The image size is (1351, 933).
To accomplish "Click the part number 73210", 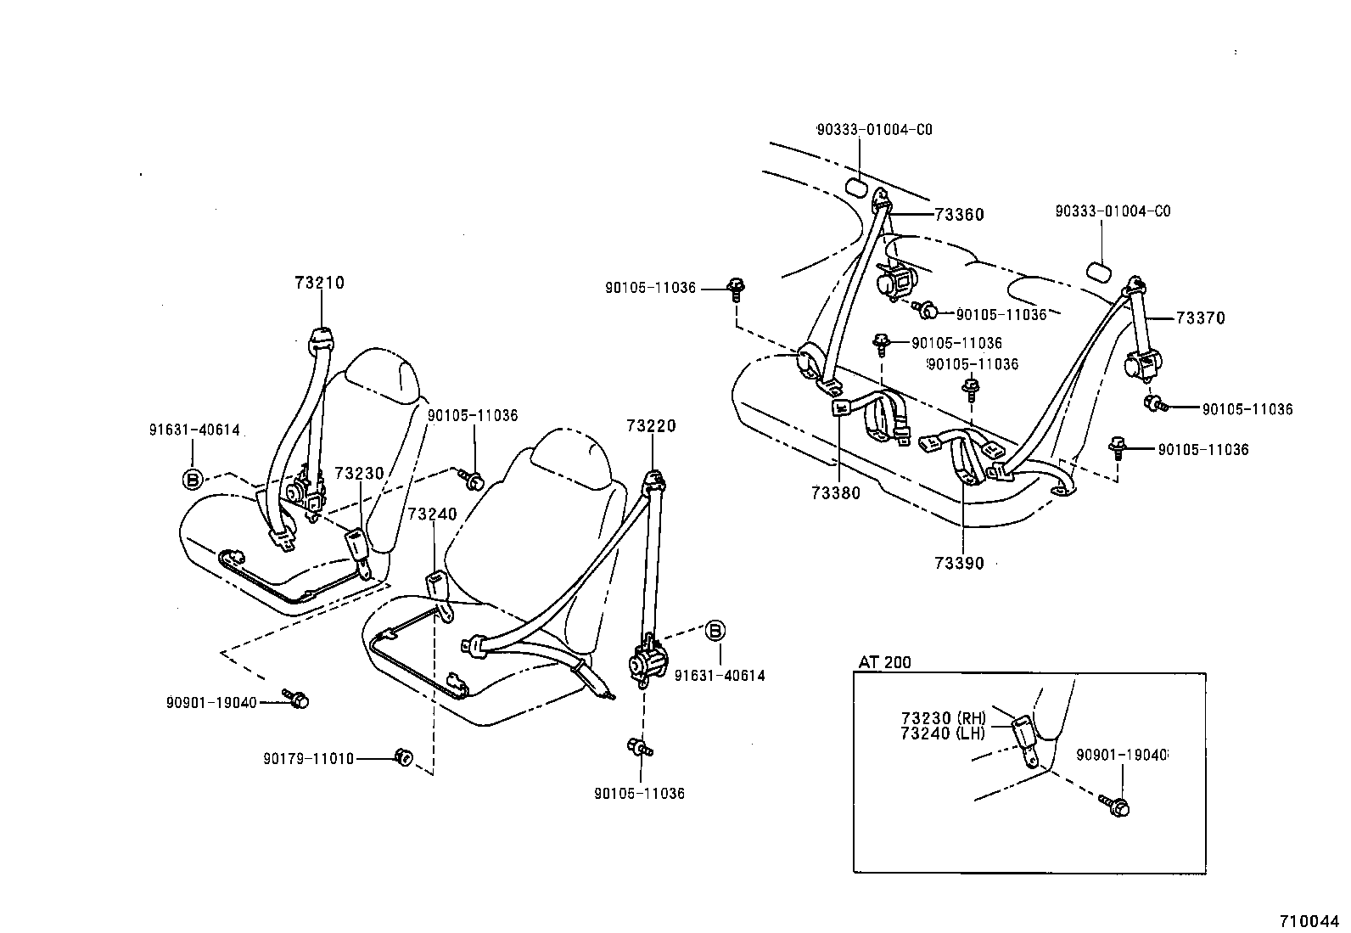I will pos(320,283).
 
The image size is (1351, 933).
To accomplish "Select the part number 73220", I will pos(652,425).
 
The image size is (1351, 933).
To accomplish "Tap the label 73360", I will pos(959,215).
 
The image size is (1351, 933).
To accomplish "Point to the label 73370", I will pos(1201,318).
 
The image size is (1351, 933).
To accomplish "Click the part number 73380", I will pos(835,493).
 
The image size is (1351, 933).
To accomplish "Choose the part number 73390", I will pos(959,563).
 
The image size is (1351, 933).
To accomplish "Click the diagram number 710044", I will pos(1309,920).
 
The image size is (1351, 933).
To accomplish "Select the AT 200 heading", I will pos(884,662).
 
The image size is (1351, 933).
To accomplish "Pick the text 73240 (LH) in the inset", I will pos(943,733).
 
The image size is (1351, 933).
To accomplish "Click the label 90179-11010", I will pos(309,758).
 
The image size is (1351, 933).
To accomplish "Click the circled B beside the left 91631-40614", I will pos(193,479).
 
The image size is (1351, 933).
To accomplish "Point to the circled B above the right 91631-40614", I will pos(715,631).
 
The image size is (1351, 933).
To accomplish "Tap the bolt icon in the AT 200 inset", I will pos(1116,806).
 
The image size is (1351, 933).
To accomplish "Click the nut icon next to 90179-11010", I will pos(404,756).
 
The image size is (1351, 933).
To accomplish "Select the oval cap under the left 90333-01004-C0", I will pos(855,188).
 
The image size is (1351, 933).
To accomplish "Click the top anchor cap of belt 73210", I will pos(321,337).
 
